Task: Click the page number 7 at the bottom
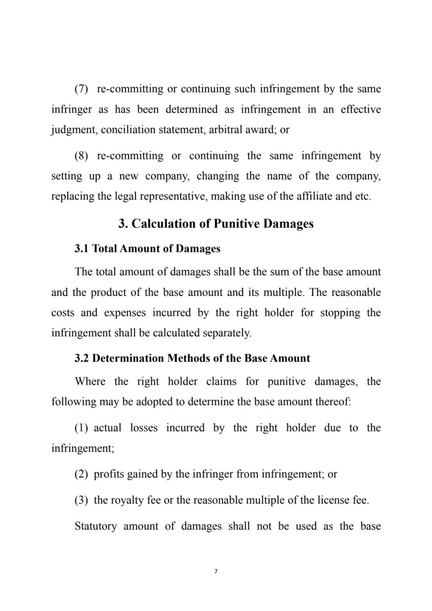coord(216,571)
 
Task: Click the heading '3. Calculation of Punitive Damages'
coord(216,223)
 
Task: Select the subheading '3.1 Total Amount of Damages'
coord(147,249)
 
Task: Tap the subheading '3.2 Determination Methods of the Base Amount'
coord(192,358)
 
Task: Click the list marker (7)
coord(81,89)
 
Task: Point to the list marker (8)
coord(81,156)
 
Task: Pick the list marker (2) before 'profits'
coord(81,474)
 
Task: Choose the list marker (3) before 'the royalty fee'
coord(81,500)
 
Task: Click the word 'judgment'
coord(74,130)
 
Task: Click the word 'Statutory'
coord(96,526)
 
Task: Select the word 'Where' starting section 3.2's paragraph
coord(90,381)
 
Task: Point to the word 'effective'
coord(361,109)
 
